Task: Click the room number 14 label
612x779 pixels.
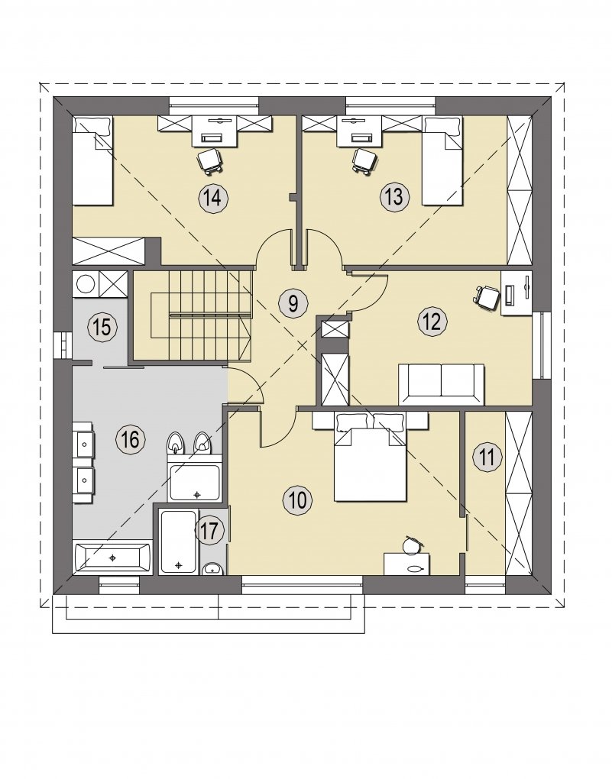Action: pyautogui.click(x=213, y=199)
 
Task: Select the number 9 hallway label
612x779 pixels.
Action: pyautogui.click(x=293, y=303)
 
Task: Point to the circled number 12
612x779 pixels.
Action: pyautogui.click(x=432, y=322)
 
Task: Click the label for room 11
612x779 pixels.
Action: pyautogui.click(x=487, y=457)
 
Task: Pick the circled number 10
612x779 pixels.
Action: pyautogui.click(x=298, y=499)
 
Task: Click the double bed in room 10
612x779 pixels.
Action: pyautogui.click(x=371, y=456)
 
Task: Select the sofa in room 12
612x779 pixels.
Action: pyautogui.click(x=442, y=384)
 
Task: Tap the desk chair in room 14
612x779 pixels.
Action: pyautogui.click(x=210, y=160)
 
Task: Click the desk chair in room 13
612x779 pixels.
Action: pyautogui.click(x=364, y=160)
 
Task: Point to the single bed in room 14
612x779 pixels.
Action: pyautogui.click(x=93, y=160)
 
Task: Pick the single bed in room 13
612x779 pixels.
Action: pyautogui.click(x=442, y=160)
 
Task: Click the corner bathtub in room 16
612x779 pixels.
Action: pyautogui.click(x=113, y=558)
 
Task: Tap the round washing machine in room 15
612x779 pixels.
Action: pyautogui.click(x=86, y=284)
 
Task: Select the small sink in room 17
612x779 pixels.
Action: pyautogui.click(x=212, y=568)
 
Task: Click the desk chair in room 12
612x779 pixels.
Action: pyautogui.click(x=486, y=297)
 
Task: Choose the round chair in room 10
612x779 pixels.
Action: pyautogui.click(x=413, y=545)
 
